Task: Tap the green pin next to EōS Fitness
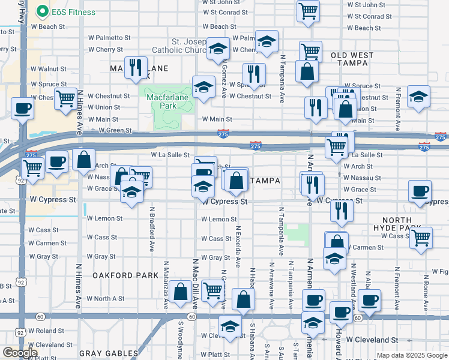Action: click(42, 11)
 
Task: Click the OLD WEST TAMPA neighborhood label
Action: click(352, 59)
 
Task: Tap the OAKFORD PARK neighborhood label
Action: click(125, 275)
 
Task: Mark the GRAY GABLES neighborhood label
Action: click(109, 353)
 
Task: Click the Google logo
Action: click(20, 353)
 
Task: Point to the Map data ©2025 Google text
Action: click(411, 355)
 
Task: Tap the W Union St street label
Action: click(103, 107)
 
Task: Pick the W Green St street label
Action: click(115, 130)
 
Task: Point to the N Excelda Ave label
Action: click(238, 246)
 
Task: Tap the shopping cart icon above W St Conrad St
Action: click(308, 11)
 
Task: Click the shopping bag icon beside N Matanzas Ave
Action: click(181, 292)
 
